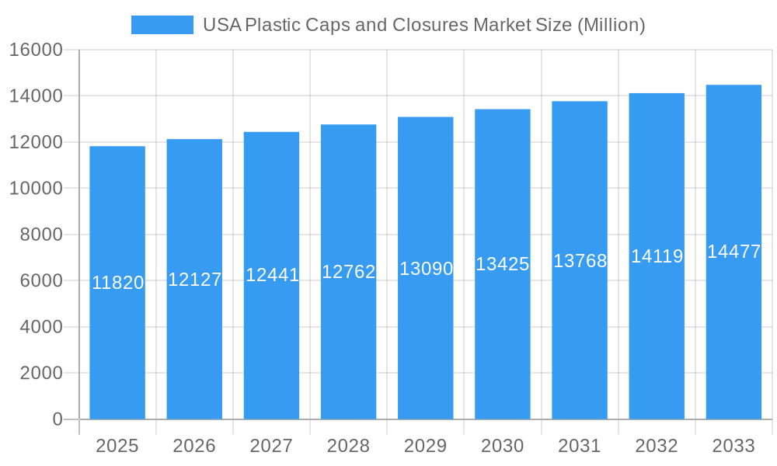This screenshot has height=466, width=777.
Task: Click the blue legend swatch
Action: click(x=162, y=25)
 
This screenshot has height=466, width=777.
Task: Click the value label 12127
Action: click(x=194, y=280)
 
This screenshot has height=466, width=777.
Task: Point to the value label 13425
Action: click(x=502, y=264)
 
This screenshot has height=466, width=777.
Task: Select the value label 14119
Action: click(x=657, y=256)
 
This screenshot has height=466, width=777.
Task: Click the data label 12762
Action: click(x=348, y=272)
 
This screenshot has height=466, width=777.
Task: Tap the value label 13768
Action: click(x=580, y=261)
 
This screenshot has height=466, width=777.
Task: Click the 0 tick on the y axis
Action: click(x=57, y=419)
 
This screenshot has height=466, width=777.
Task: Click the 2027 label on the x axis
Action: click(x=271, y=446)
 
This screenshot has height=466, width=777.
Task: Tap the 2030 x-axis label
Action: click(x=502, y=446)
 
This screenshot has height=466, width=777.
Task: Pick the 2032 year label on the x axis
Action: click(x=657, y=446)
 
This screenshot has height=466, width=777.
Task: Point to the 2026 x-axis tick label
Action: click(x=194, y=446)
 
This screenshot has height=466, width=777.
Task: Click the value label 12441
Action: click(x=272, y=275)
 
